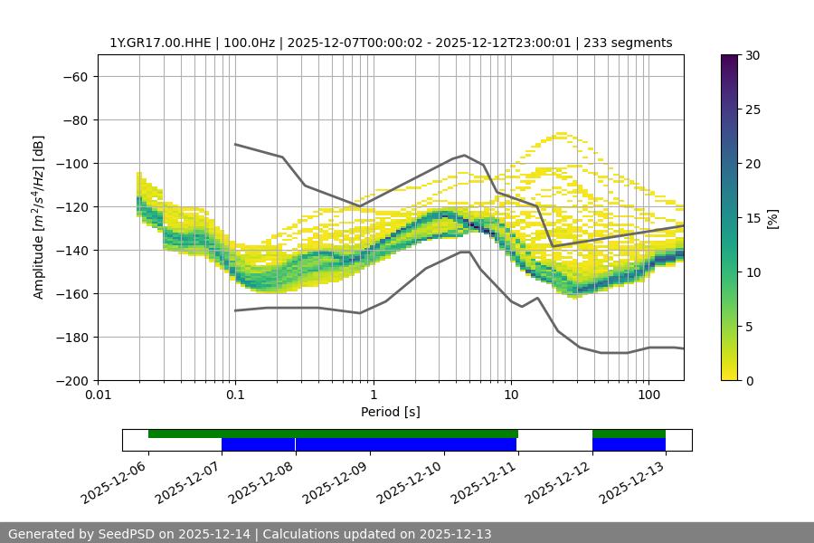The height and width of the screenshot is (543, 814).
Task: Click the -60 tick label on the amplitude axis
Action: pyautogui.click(x=74, y=76)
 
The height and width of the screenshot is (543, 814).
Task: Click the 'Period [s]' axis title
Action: pyautogui.click(x=390, y=412)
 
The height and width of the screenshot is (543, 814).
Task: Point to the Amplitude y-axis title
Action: pyautogui.click(x=39, y=217)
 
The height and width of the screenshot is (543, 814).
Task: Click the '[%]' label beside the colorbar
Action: pyautogui.click(x=772, y=218)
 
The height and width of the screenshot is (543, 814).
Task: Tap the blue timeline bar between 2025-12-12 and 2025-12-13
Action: pyautogui.click(x=629, y=444)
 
